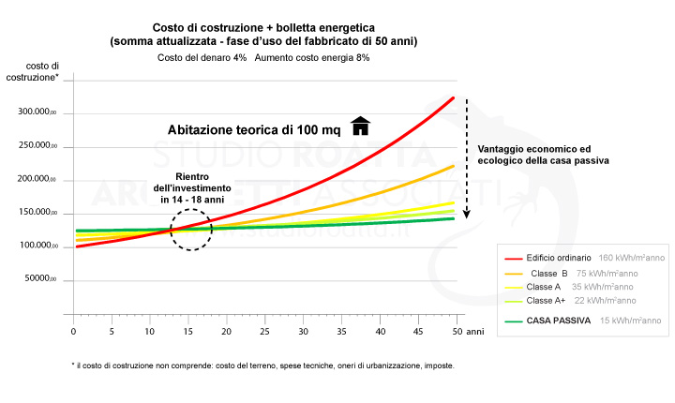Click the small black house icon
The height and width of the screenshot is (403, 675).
360,127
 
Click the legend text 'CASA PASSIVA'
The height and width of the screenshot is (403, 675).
559,321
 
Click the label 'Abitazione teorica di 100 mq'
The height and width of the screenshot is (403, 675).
253,130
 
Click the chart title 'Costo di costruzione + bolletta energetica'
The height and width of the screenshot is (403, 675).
262,28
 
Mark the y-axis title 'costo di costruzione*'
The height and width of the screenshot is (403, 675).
42,70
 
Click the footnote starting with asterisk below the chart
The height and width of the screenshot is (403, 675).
262,366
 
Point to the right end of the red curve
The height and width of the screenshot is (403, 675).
454,97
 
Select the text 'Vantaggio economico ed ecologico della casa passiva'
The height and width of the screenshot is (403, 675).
543,155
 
